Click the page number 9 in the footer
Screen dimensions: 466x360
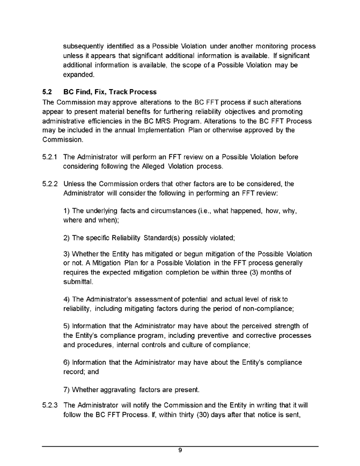[180, 450]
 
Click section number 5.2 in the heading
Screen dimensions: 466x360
[47, 92]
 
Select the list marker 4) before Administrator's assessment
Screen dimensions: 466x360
[67, 297]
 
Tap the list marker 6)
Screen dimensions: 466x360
[67, 363]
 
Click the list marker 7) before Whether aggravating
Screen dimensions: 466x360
[67, 389]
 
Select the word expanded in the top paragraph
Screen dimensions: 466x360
[79, 74]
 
